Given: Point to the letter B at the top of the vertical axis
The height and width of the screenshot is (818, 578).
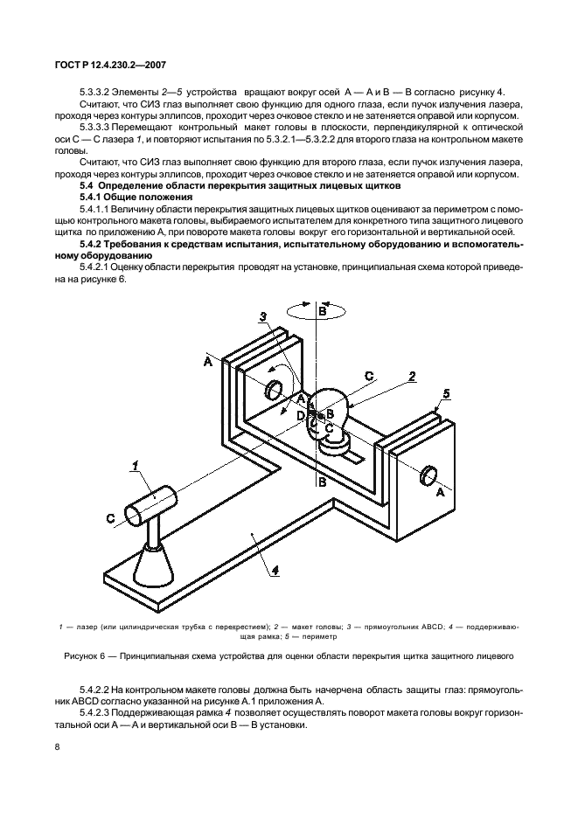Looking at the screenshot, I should click(322, 311).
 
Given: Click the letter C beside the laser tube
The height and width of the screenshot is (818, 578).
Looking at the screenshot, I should click(111, 519).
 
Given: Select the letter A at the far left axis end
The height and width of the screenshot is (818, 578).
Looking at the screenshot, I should click(207, 360).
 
